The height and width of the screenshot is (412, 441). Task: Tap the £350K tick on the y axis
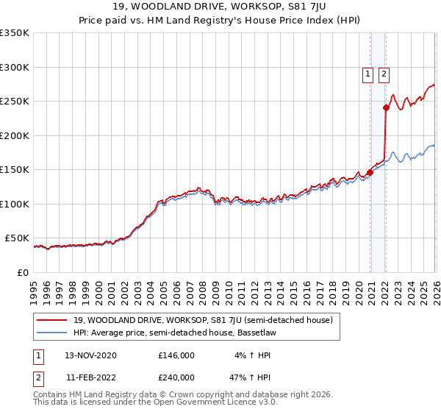tap(15, 33)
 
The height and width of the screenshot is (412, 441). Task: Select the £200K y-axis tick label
tap(15, 135)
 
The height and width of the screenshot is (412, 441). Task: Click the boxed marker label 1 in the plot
tap(367, 74)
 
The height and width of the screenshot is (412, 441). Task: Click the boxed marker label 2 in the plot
tap(384, 74)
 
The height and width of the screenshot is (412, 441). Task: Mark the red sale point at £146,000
tap(370, 173)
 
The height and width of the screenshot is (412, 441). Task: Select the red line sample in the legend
tap(52, 320)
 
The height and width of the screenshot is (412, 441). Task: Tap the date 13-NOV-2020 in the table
tap(90, 355)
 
